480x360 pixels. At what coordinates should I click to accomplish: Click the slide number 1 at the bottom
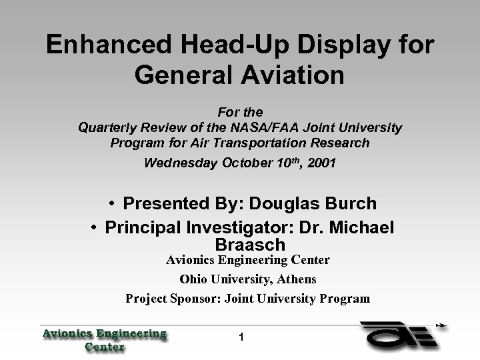click(x=242, y=339)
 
